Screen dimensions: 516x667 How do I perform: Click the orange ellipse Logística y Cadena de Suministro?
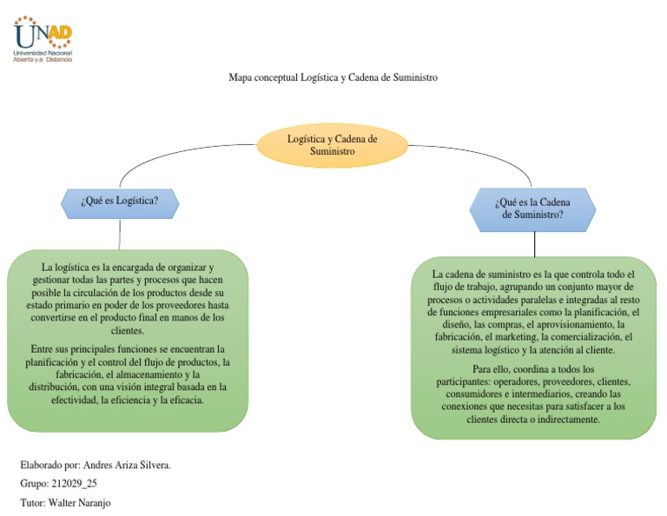coord(333,144)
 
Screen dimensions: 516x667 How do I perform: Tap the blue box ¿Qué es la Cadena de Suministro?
coord(532,208)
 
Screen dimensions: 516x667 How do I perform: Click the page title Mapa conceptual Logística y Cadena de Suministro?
coord(333,77)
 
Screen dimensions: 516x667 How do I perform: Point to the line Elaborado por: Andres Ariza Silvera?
coord(95,465)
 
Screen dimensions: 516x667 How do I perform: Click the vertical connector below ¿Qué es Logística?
coord(120,234)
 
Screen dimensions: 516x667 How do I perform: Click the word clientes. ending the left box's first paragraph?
coord(127,331)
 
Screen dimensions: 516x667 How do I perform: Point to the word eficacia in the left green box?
coord(184,400)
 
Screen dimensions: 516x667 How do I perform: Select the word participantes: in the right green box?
coord(478,381)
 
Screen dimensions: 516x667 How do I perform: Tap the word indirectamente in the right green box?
coord(568,419)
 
